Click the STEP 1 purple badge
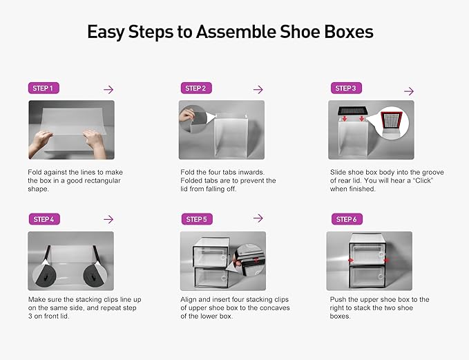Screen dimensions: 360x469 click(42, 88)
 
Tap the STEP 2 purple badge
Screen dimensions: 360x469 click(195, 88)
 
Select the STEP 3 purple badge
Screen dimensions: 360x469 click(345, 88)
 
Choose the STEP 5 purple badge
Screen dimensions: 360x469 click(195, 219)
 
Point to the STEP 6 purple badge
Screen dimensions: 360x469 click(345, 219)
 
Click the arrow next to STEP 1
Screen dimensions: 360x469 click(108, 90)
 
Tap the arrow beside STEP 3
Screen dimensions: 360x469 click(408, 91)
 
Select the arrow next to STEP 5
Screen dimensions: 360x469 click(258, 218)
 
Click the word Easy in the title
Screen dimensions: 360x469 click(108, 32)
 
